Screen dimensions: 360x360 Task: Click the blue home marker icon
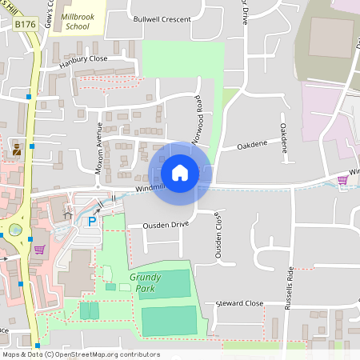(180, 172)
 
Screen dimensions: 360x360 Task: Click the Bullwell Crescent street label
(162, 18)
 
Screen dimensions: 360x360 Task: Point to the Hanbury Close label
(82, 58)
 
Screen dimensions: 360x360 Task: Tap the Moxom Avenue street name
(100, 146)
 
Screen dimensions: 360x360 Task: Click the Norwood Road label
(197, 120)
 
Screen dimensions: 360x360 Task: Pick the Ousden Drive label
(165, 225)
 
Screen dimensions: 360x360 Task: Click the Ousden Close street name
(218, 238)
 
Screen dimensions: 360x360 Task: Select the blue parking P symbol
(92, 220)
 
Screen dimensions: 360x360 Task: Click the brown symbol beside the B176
(17, 148)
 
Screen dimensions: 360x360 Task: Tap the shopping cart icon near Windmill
(342, 179)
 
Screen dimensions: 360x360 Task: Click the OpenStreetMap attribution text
(80, 354)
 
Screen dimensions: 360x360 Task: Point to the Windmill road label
(150, 187)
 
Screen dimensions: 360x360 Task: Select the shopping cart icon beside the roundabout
(38, 250)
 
